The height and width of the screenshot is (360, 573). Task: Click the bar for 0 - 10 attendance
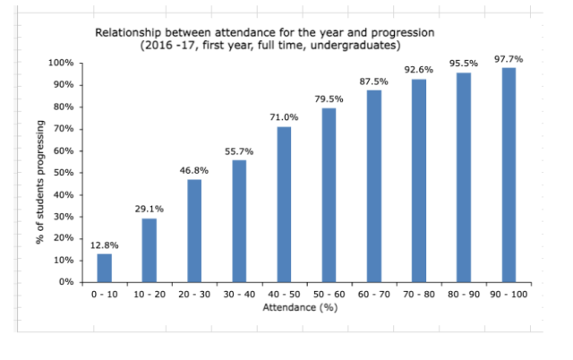pos(105,268)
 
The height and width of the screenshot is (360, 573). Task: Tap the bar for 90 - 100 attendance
pos(508,175)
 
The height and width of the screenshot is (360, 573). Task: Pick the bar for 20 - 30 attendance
pos(194,230)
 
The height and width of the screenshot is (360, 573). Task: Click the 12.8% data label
pos(105,244)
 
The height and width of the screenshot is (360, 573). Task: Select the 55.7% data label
pos(239,151)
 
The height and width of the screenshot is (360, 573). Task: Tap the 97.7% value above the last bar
pos(508,59)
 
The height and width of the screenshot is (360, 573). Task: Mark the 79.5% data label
pos(329,99)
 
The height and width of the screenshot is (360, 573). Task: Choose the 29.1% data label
pos(150,209)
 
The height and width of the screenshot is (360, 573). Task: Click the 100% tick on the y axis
pos(61,64)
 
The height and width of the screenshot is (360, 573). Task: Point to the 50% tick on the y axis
pos(63,173)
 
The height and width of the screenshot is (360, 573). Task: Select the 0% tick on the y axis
pos(65,282)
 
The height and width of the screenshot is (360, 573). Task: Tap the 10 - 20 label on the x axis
pos(150,294)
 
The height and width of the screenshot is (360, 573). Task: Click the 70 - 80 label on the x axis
pos(418,294)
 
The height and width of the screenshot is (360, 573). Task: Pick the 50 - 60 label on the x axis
pos(329,294)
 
